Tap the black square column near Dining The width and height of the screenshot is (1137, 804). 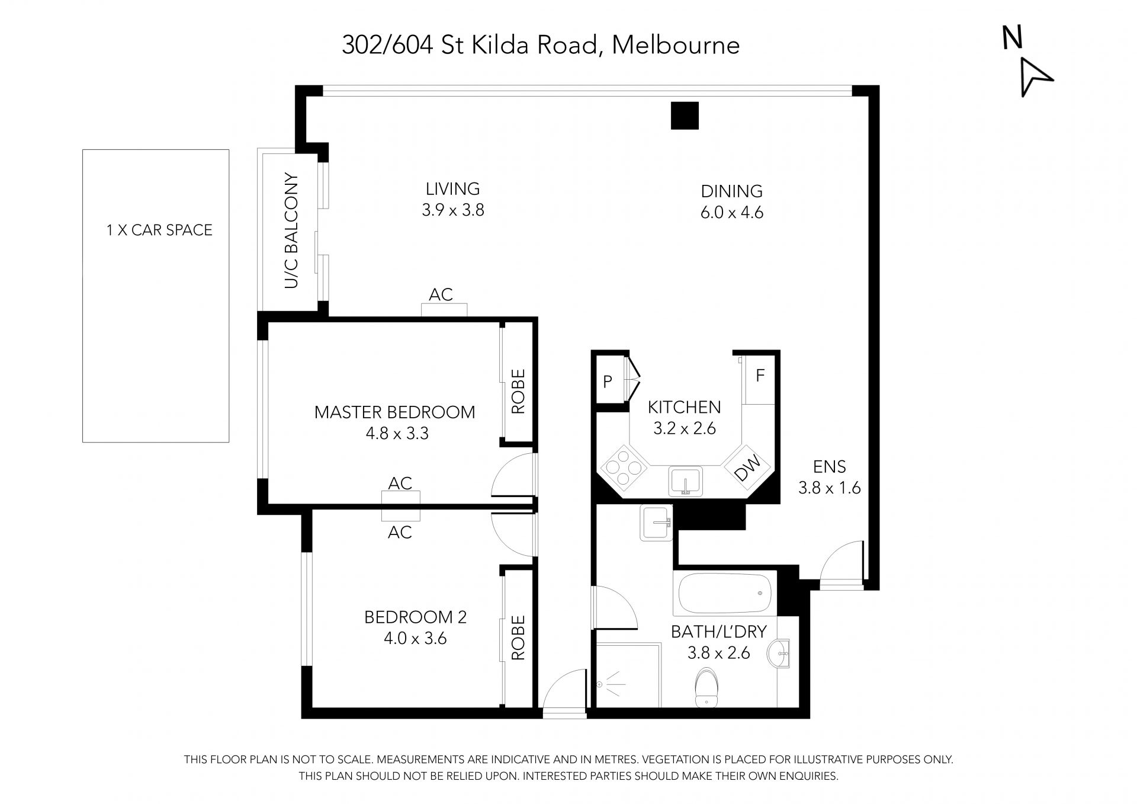[x=685, y=116]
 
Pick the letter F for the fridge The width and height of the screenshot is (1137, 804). [x=760, y=375]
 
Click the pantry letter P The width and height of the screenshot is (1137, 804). [x=608, y=382]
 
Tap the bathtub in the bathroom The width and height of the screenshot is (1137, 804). [x=725, y=594]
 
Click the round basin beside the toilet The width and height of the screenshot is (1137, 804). [x=780, y=654]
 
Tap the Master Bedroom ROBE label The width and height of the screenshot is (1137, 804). [x=518, y=392]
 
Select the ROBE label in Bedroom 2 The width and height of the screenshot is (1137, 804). [x=518, y=638]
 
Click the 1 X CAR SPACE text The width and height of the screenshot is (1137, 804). [x=159, y=230]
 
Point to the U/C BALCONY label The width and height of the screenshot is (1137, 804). [x=291, y=230]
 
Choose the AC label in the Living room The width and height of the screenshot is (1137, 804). [x=441, y=294]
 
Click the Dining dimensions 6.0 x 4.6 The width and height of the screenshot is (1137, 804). [x=732, y=213]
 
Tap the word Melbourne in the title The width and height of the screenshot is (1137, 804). [x=676, y=46]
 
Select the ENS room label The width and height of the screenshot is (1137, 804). [x=830, y=467]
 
